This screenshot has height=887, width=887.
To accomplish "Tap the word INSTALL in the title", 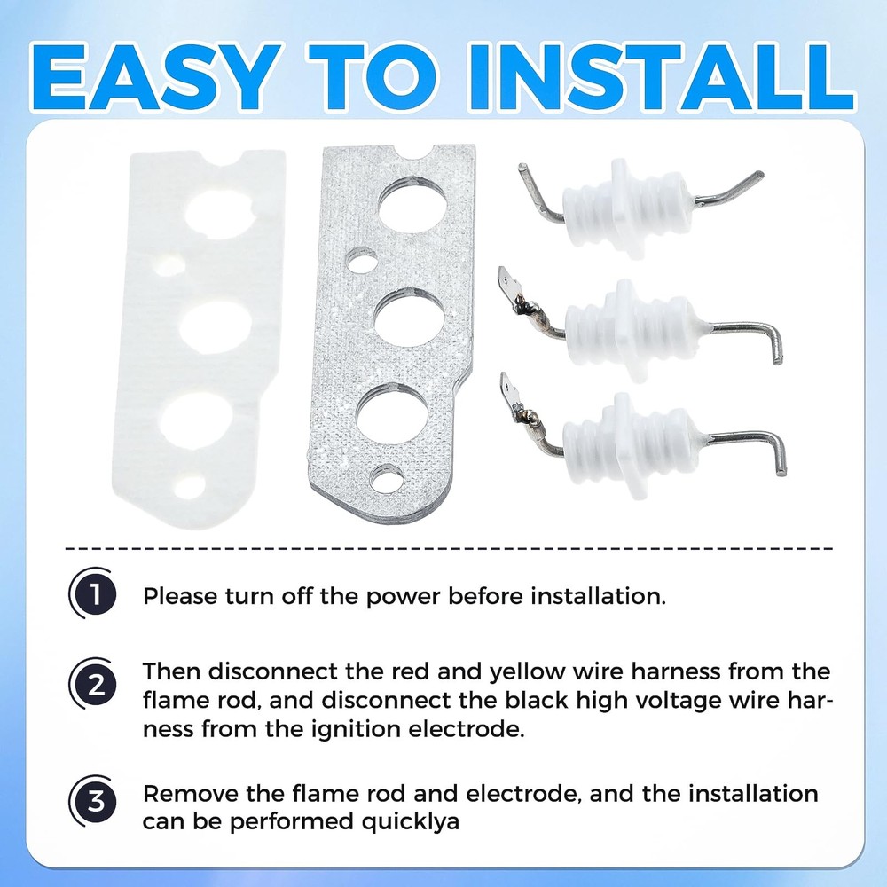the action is tap(660, 77).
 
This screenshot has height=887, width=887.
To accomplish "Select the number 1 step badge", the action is tap(93, 594).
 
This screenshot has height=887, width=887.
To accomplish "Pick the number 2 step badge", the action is tap(93, 684).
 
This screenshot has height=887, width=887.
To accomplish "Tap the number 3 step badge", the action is tap(93, 800).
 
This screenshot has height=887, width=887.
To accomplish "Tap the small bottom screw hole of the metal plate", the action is tap(387, 478).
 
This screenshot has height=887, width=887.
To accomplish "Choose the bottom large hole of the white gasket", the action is tap(196, 420).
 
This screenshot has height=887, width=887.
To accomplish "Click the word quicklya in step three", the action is tap(410, 822).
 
